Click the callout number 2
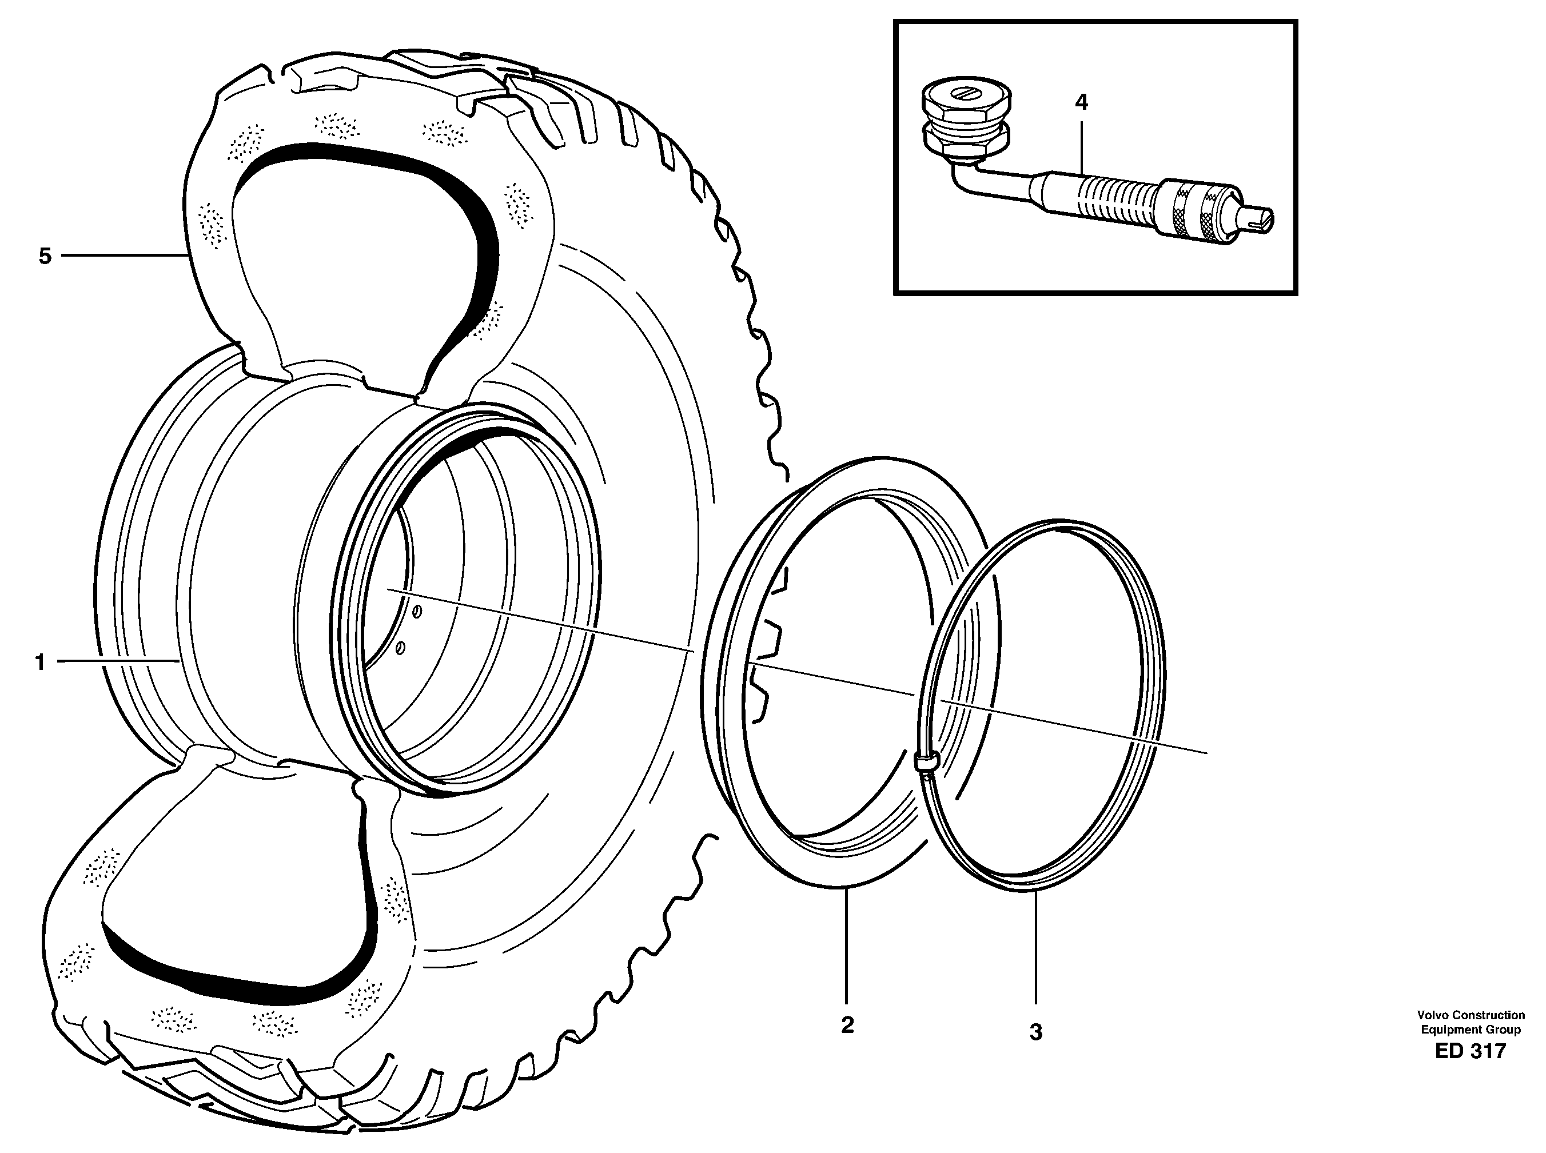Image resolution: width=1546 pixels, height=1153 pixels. click(x=847, y=1026)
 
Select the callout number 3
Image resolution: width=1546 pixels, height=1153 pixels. click(x=1036, y=1032)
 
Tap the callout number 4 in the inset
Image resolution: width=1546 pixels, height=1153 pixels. click(x=1081, y=102)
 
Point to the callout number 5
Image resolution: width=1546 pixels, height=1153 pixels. click(x=45, y=256)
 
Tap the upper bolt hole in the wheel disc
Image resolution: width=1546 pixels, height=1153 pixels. click(x=416, y=613)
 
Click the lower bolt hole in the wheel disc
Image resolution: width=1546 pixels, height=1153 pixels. click(x=400, y=648)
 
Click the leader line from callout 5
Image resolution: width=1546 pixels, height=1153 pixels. click(x=122, y=256)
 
